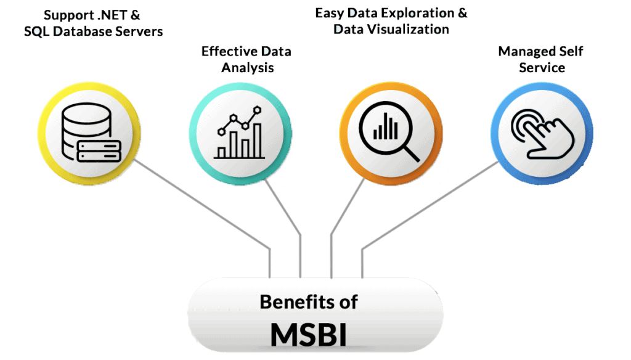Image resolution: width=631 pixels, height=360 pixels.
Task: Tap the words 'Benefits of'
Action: coord(308,302)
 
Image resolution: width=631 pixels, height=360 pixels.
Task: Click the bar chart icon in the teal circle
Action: coord(238,133)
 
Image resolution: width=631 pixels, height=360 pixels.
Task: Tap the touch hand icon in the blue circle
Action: coord(540,129)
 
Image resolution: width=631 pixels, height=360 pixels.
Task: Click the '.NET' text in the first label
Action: coord(118,14)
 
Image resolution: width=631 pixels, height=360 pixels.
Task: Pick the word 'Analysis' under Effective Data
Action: coord(246,67)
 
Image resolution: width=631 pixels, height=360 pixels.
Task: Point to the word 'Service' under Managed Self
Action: coord(542,67)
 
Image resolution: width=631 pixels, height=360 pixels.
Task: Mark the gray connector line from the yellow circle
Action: coord(203,203)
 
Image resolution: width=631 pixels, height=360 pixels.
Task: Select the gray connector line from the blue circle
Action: coord(431,207)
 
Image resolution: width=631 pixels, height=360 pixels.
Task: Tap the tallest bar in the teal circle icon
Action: coord(257,139)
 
